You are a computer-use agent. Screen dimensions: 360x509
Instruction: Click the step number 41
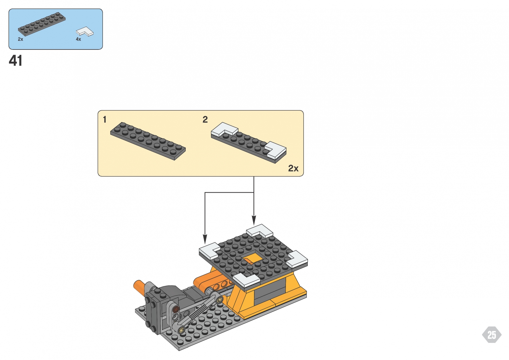click(x=16, y=61)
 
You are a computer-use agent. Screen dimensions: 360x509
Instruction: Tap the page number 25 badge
click(x=492, y=335)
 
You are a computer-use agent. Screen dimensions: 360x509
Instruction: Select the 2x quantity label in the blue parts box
click(x=20, y=39)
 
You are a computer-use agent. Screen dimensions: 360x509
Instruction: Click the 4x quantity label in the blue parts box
click(x=78, y=39)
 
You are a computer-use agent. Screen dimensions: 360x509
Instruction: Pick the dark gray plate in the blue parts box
click(x=41, y=24)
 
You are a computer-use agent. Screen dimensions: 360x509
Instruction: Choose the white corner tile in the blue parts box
click(x=85, y=31)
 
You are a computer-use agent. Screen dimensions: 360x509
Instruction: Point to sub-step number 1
click(x=105, y=120)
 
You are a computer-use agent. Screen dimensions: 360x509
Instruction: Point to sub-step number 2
click(x=205, y=120)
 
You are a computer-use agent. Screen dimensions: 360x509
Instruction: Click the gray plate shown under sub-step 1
click(x=148, y=141)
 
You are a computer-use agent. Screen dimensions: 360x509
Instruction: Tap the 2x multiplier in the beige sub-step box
click(x=293, y=168)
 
